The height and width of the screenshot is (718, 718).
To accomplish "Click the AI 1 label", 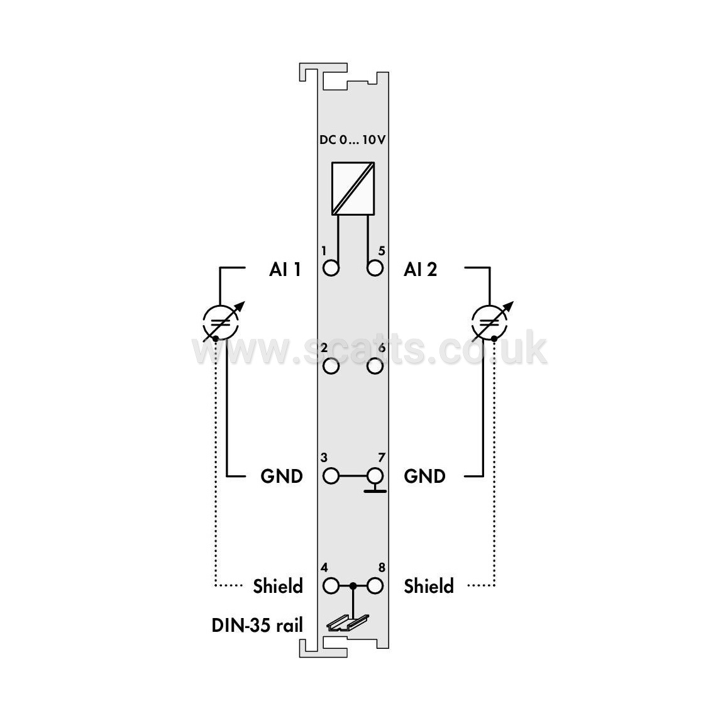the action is point(285,269).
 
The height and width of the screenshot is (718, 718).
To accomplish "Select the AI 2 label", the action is point(421,269).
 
